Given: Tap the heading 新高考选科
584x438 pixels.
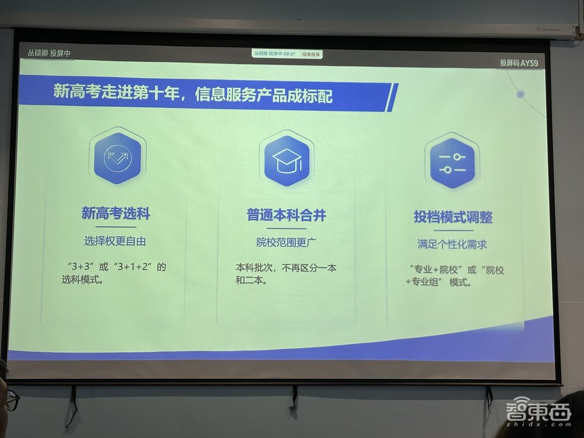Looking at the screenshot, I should (x=116, y=214).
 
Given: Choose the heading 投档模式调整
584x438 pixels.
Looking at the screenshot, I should (x=453, y=217).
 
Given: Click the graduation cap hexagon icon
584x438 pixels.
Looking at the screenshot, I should (x=286, y=159).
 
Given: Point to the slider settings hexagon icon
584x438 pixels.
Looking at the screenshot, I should (x=452, y=164).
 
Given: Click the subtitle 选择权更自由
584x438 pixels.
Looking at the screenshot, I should (x=115, y=241).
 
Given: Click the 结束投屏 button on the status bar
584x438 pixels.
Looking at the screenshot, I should (x=311, y=54).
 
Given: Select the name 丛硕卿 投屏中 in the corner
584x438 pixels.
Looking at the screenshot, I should (x=50, y=53).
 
